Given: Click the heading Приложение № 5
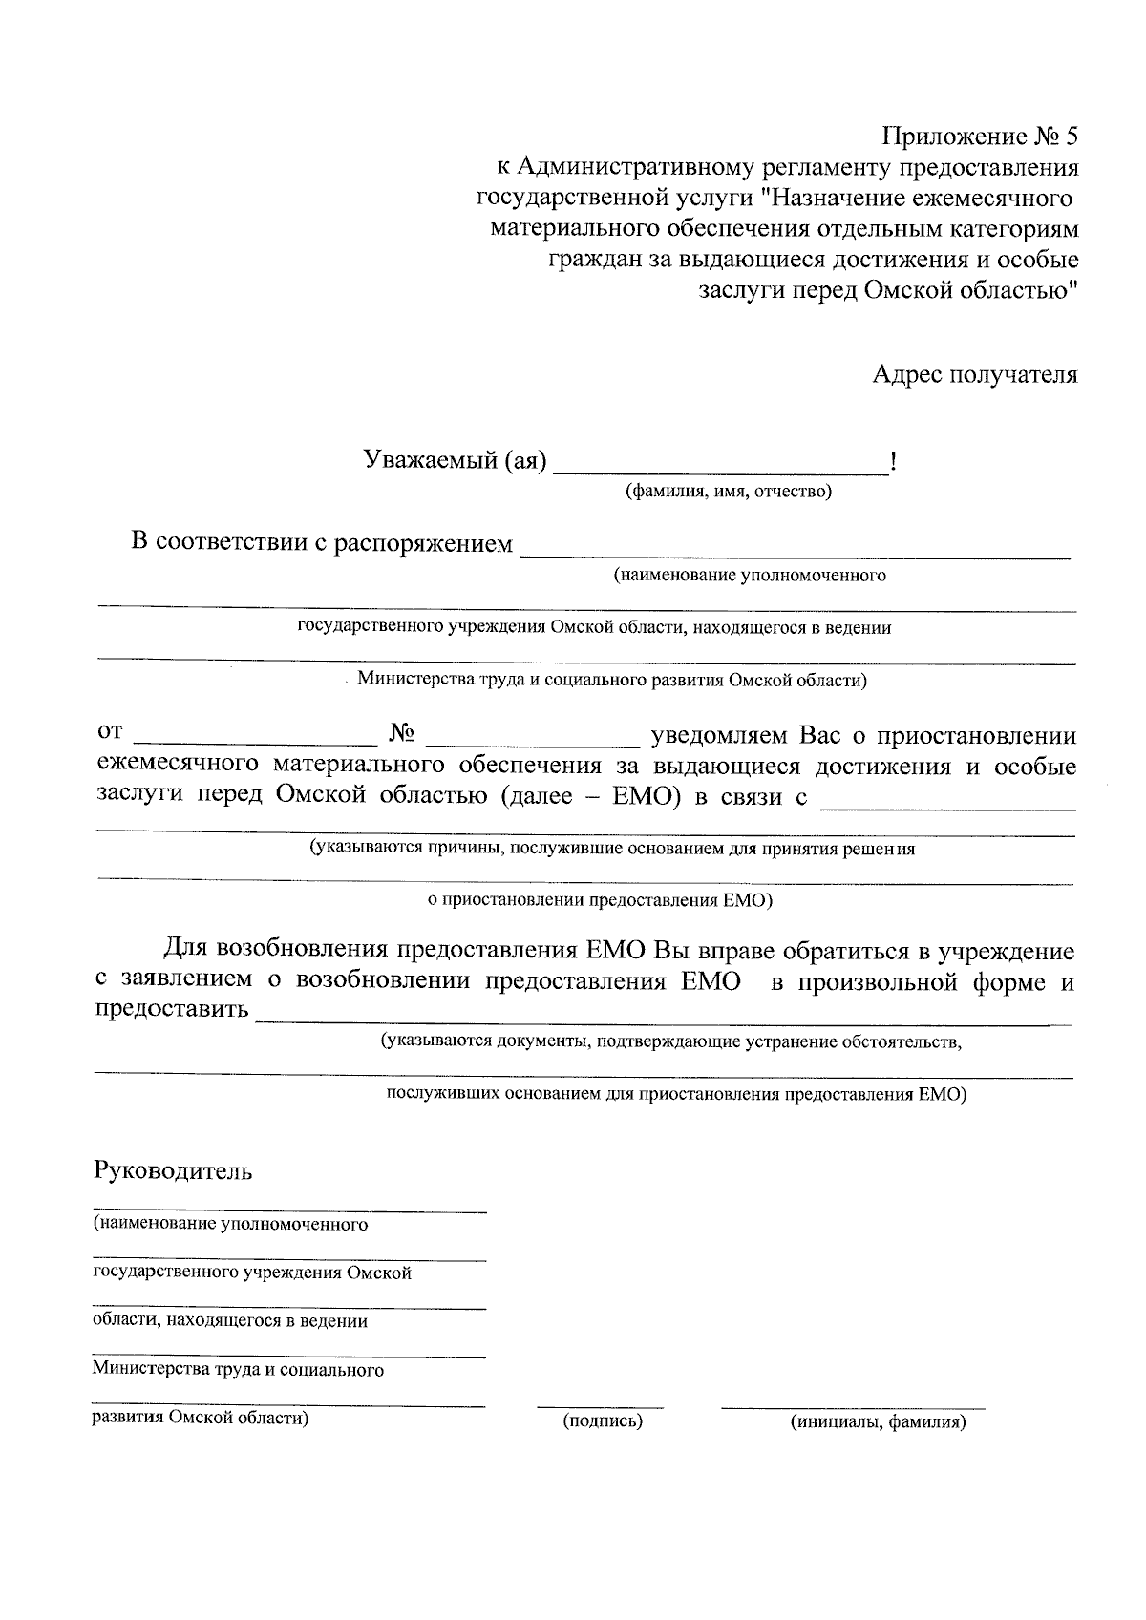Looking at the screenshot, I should coord(978,137).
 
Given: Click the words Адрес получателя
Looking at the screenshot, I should coord(974,374).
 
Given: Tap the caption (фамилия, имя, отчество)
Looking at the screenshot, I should coord(729,493).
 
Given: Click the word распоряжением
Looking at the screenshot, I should coord(423,544).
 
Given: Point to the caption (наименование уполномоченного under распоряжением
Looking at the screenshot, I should coord(750,576).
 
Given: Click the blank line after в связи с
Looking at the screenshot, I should coord(948,802).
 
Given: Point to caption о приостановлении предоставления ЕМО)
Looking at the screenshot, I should coord(599,900).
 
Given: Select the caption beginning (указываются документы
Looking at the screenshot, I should coord(670,1041).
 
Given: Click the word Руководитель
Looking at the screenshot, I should coord(173,1171).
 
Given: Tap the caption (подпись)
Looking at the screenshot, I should coord(603,1421).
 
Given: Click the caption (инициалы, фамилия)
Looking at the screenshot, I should coord(878,1422).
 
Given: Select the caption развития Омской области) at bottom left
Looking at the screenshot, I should coord(201,1419).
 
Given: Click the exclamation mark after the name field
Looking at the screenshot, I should coord(892,463).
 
